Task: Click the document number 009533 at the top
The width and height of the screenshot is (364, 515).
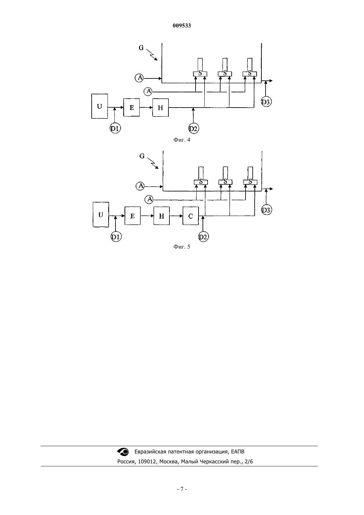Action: pos(182,26)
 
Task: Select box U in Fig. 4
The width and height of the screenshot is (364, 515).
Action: pos(100,106)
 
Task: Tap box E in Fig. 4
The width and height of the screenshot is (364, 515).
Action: pos(131,107)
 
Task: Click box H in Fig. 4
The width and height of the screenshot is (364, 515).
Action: pos(160,108)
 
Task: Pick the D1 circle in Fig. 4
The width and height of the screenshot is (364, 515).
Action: pos(115,128)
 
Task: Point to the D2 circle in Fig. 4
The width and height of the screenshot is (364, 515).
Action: pos(194,129)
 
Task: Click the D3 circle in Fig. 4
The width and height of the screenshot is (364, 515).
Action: pos(266,102)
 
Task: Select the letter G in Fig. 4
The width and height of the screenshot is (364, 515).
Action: pos(141,48)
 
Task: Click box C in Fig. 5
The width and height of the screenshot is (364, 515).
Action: pos(191,216)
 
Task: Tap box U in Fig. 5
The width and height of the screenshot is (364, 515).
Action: pos(101,215)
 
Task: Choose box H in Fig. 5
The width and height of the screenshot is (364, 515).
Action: pos(161,216)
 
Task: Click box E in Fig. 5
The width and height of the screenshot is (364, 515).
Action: pos(133,216)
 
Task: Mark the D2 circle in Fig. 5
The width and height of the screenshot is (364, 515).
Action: pos(203,237)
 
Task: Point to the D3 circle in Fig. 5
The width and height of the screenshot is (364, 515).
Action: pos(266,210)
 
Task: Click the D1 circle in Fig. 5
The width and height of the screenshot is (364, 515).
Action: pos(116,237)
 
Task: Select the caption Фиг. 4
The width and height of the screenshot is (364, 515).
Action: pos(182,140)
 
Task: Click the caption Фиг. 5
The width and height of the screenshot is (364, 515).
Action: pos(182,247)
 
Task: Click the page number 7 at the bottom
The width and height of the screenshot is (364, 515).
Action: pos(182,489)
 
